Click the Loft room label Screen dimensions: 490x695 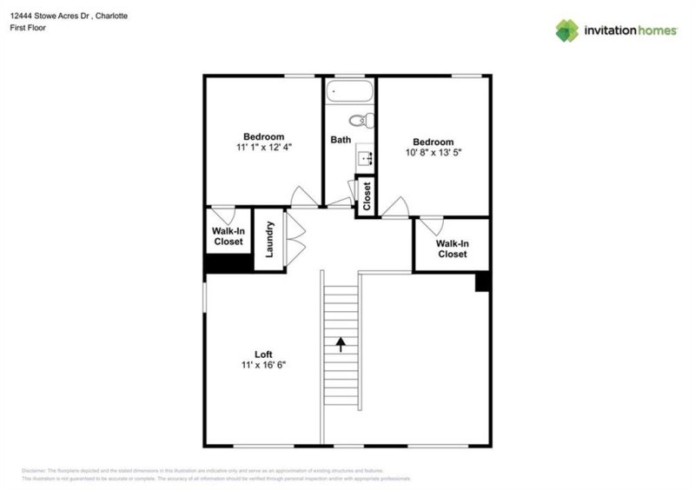tap(263, 354)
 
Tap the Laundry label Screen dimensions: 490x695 tap(269, 239)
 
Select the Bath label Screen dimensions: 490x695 tap(341, 140)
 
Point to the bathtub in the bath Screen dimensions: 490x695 tap(349, 91)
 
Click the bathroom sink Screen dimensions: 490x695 tap(365, 157)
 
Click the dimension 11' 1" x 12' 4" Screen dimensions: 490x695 tap(263, 148)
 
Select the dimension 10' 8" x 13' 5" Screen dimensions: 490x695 tap(433, 153)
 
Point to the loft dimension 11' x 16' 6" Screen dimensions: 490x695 tap(263, 365)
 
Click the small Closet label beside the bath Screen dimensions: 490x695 tap(367, 196)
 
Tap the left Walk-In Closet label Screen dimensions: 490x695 tap(228, 236)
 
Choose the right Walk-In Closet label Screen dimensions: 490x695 tap(452, 248)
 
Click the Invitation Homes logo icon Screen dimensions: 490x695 tap(567, 30)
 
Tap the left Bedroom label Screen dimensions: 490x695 tap(263, 136)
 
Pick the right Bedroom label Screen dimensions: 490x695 tap(433, 142)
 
